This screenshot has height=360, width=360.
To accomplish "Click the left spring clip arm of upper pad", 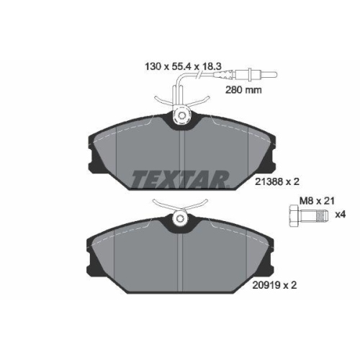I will [162, 102].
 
